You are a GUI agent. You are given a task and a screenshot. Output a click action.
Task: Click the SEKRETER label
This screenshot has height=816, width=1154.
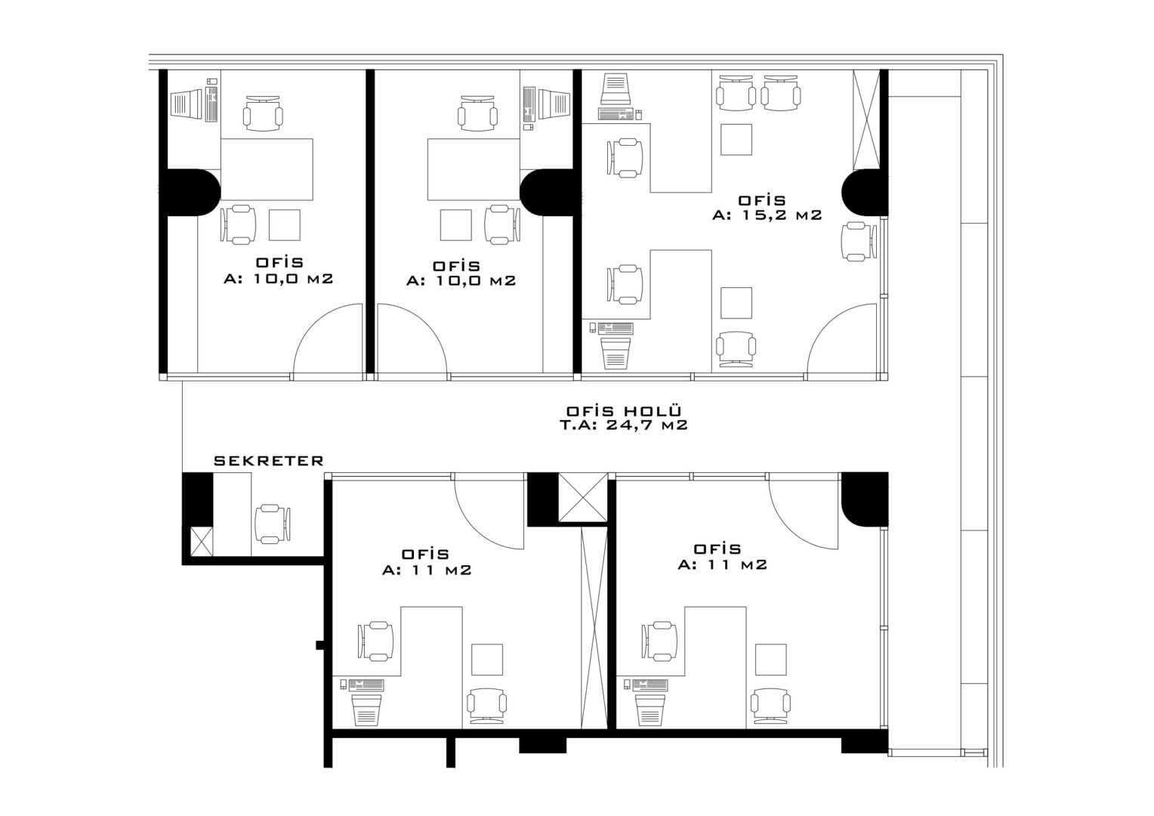(268, 460)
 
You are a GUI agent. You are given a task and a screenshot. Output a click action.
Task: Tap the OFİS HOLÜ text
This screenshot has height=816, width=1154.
(624, 411)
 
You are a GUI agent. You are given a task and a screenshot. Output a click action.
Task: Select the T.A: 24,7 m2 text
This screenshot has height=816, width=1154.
(624, 425)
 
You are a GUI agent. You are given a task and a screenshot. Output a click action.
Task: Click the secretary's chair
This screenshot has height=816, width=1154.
(272, 524)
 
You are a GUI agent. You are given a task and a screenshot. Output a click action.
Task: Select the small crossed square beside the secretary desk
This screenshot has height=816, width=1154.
(202, 542)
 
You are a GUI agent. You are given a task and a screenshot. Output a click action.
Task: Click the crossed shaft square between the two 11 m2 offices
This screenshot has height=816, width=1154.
(583, 497)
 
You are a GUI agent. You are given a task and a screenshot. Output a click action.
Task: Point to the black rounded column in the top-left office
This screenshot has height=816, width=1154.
(190, 192)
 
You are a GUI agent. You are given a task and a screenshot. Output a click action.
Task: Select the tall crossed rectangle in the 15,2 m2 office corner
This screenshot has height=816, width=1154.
(866, 119)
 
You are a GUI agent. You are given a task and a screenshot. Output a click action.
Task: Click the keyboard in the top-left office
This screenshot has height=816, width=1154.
(211, 104)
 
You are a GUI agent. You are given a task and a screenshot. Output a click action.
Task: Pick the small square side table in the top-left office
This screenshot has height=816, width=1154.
(285, 224)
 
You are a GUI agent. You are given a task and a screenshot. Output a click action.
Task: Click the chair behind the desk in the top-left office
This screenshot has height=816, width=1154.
(264, 113)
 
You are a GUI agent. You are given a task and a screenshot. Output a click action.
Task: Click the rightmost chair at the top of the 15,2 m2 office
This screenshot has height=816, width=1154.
(780, 93)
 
